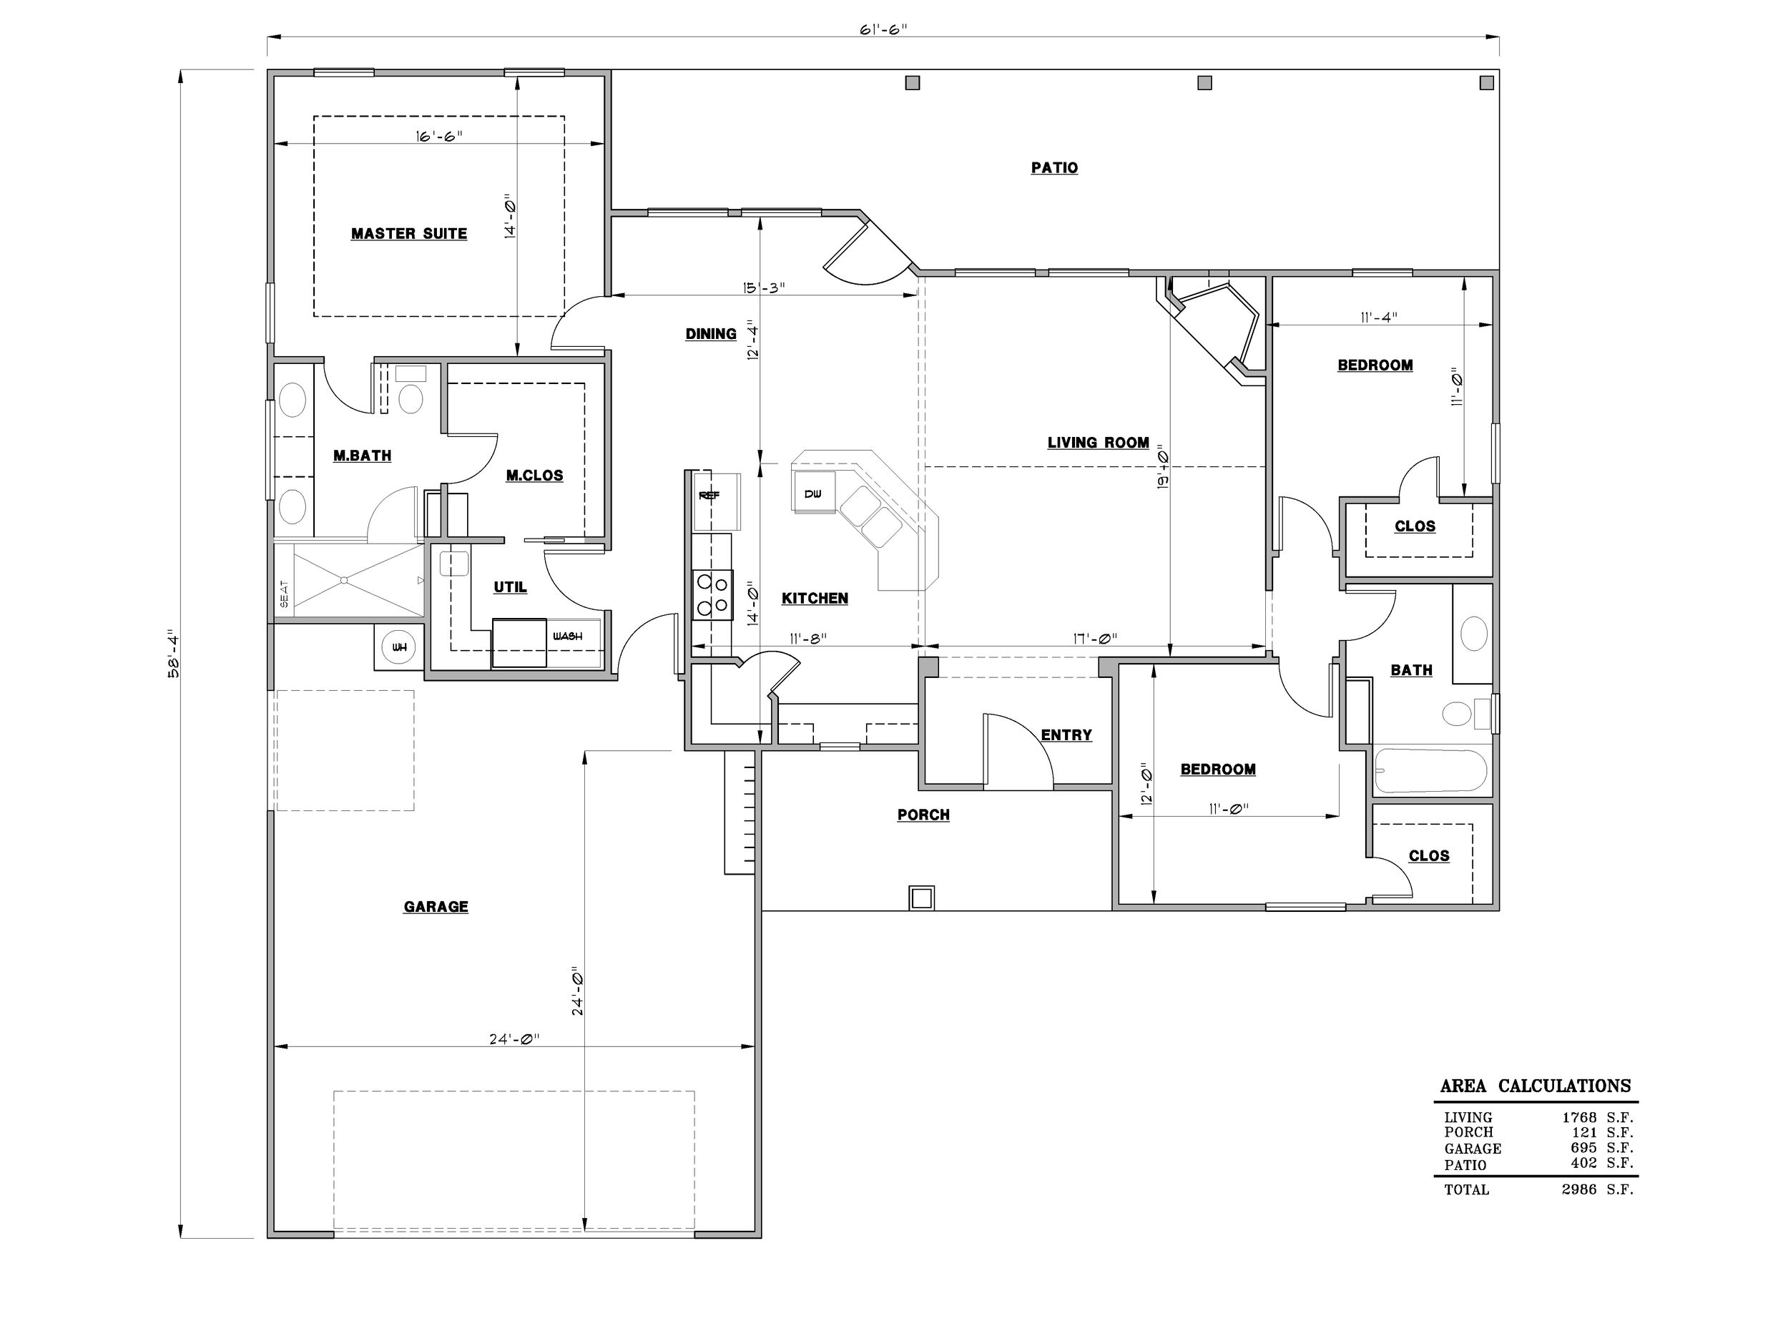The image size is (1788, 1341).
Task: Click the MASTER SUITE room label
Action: [x=409, y=234]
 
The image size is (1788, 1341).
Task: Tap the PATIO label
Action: [x=1054, y=167]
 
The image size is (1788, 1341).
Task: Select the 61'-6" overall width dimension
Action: [x=883, y=30]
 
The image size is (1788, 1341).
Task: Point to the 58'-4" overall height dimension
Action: [x=173, y=653]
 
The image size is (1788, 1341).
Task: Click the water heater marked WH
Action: [x=398, y=647]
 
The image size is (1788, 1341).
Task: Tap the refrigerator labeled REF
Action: [x=709, y=496]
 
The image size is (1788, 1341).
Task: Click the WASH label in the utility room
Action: [x=567, y=636]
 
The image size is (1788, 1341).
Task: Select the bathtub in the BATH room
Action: [x=1430, y=770]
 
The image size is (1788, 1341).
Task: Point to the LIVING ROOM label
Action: [x=1099, y=442]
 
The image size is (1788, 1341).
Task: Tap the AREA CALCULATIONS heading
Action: [x=1536, y=1086]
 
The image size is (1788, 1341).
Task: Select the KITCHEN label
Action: [x=815, y=598]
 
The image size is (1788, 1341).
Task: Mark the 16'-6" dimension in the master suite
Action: [x=440, y=136]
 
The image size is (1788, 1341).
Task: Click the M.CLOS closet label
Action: [x=534, y=476]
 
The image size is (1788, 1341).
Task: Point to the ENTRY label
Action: [x=1066, y=735]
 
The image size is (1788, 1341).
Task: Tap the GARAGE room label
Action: [x=436, y=907]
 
